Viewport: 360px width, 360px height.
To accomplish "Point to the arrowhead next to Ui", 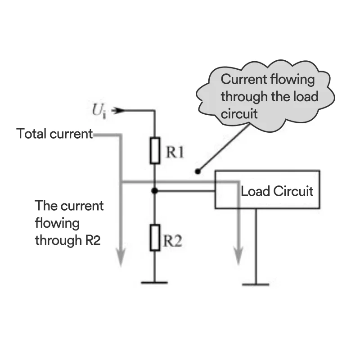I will (117, 110).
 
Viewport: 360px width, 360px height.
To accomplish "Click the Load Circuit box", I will (267, 189).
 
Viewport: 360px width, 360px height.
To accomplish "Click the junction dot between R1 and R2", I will (155, 191).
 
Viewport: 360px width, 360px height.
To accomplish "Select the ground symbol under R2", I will (154, 282).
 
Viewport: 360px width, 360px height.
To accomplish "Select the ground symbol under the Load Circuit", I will (256, 284).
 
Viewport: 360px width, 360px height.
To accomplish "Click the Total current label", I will (54, 134).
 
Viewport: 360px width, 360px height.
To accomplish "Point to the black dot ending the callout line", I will (197, 171).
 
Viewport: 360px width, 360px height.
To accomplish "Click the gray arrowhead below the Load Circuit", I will (239, 260).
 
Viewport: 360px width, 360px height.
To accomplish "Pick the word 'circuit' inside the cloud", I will (239, 113).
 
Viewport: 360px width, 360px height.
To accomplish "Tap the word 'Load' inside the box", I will (255, 191).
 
